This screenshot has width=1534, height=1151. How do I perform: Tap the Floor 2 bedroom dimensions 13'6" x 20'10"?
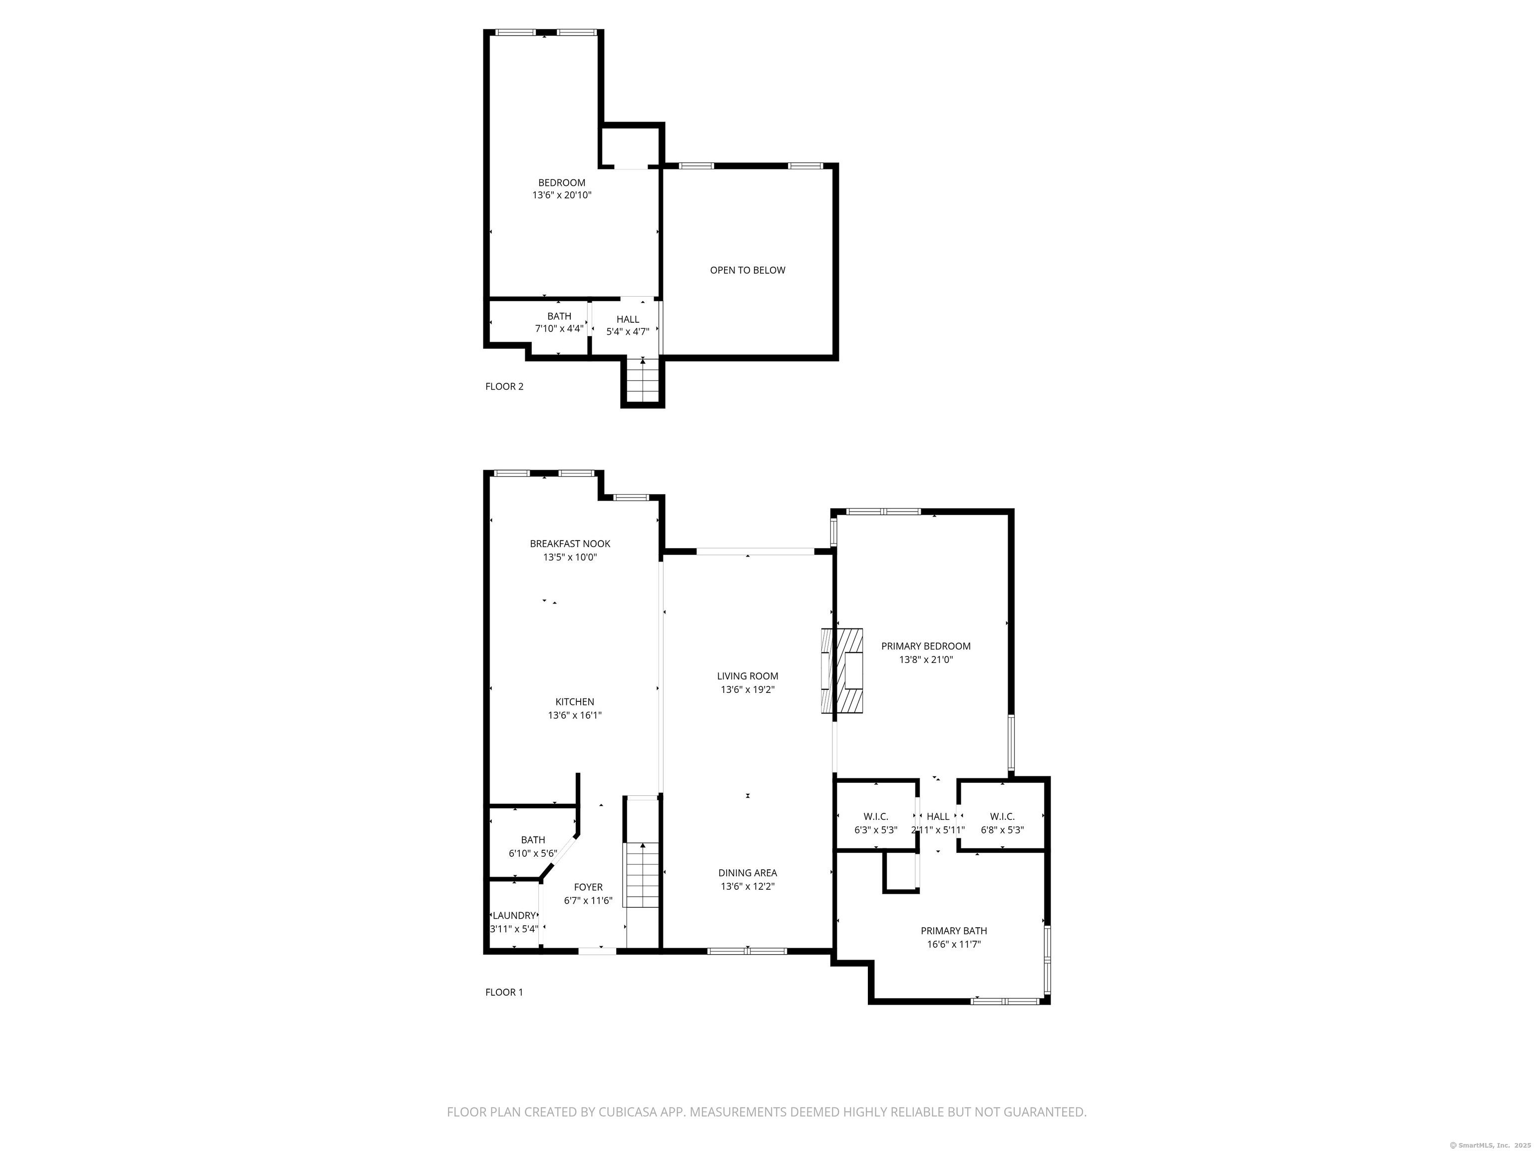coord(562,196)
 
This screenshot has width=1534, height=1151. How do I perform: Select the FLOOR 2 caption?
coord(504,387)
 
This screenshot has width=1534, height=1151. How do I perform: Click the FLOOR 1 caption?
coord(504,992)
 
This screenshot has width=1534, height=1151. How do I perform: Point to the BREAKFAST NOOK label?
coord(570,544)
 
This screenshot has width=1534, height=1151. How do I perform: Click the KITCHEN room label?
coord(574,702)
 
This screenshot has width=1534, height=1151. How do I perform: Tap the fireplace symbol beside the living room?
coord(842,670)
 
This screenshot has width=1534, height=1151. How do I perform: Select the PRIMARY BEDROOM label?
coord(926,646)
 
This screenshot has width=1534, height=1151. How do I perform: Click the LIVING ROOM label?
coord(748,676)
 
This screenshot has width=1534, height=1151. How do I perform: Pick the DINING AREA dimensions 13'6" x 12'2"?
coord(748,887)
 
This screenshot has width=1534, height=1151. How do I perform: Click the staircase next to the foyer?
coord(642,874)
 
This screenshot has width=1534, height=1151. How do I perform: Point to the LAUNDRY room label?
coord(514,916)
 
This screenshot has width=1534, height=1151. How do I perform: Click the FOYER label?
coord(588,887)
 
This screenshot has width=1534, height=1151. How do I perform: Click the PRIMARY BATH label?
coord(954,931)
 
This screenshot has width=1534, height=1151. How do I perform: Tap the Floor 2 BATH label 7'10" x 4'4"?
coord(559,316)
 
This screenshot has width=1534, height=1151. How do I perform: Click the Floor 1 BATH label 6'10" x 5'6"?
coord(533,840)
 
